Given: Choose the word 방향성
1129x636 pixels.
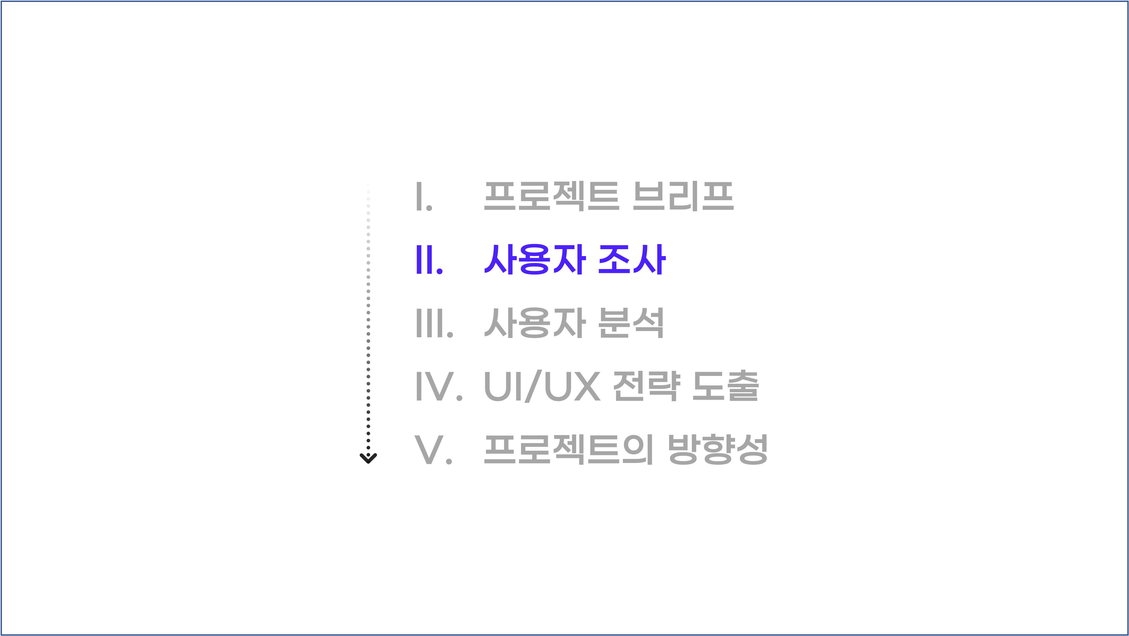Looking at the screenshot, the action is tap(718, 450).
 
